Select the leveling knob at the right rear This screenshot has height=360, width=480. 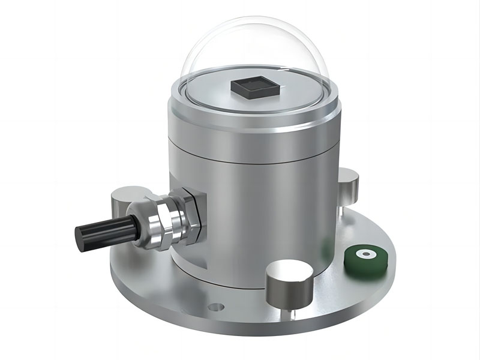(348, 182)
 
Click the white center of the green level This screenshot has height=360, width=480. (364, 254)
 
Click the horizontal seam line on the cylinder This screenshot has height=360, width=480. (252, 161)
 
